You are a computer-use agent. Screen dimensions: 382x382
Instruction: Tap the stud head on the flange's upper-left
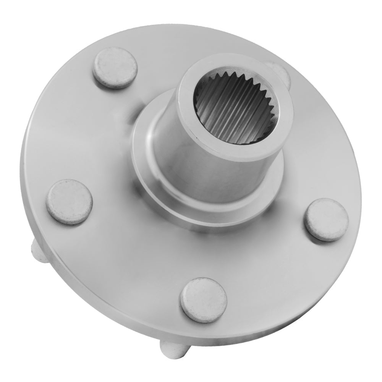(x=115, y=68)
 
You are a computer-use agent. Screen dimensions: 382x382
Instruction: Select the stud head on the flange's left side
(x=69, y=202)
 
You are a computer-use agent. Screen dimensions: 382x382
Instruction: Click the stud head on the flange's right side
(x=326, y=219)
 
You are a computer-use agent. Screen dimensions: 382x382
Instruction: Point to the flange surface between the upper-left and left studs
(x=84, y=134)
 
